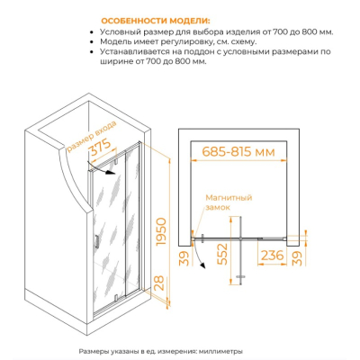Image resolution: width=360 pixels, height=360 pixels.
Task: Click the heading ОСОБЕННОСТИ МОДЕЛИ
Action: point(156,21)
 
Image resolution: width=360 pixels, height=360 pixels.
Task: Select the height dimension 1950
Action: point(161,232)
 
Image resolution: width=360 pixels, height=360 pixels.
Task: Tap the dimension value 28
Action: point(160,283)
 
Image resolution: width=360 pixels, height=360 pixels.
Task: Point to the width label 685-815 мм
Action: point(238,152)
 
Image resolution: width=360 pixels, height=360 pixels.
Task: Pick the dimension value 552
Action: point(222,254)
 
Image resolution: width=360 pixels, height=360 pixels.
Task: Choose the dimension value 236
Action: point(272,256)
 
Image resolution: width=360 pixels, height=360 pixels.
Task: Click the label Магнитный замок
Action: point(229,202)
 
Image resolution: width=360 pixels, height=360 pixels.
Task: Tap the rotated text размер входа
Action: point(91,136)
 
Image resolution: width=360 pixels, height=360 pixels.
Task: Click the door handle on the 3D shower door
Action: point(96,241)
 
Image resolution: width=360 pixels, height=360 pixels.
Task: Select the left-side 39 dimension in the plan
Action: point(186,258)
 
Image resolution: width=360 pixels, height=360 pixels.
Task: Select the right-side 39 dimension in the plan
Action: point(297,258)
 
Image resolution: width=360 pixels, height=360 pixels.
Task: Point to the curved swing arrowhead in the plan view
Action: point(203,265)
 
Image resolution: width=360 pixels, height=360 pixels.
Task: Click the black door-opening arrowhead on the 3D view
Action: point(112,172)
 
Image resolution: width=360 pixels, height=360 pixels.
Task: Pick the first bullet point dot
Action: point(92,32)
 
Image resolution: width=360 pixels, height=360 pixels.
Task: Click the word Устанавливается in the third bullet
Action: point(135,51)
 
